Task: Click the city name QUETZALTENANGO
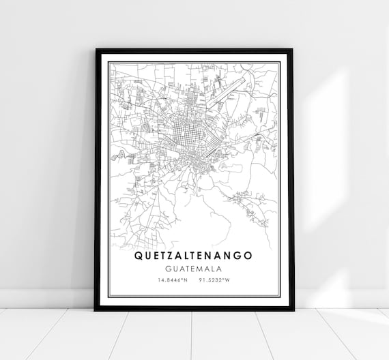tap(194, 256)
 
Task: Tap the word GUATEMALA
tap(194, 269)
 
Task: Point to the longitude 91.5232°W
tap(220, 280)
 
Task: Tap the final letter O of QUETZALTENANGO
tap(248, 256)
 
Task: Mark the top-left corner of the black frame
tap(96, 50)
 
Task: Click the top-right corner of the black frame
tap(293, 50)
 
